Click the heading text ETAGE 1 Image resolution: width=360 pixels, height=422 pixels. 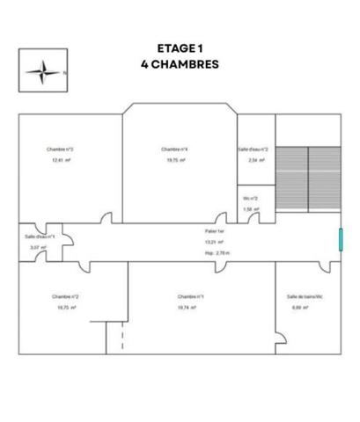[x=179, y=49]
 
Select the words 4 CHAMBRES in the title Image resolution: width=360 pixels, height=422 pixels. [x=179, y=64]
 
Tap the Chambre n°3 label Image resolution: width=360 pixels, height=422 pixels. [x=60, y=149]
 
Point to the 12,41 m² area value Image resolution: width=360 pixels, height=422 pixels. [x=60, y=161]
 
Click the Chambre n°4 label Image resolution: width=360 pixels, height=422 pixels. [x=175, y=149]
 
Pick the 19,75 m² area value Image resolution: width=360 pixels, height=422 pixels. [x=175, y=161]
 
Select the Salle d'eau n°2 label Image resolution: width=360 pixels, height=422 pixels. [x=253, y=149]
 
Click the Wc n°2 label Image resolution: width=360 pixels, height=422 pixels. [x=251, y=198]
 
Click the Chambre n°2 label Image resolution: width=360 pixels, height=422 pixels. [x=65, y=296]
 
